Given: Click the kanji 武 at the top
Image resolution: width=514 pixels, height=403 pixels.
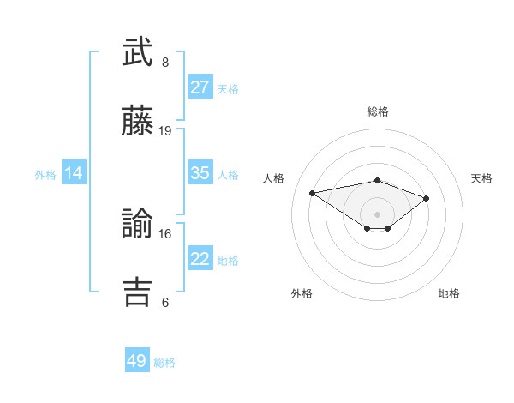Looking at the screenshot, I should pos(138,53).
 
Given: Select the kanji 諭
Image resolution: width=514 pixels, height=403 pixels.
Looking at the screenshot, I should pos(138,225).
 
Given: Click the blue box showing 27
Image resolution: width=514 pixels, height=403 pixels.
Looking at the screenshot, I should pos(200,87).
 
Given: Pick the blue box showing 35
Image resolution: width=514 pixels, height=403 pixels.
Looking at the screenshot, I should pos(200,173).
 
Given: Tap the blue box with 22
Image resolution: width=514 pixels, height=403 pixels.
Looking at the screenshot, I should pos(200,259).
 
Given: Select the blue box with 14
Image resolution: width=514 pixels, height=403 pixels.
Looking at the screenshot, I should pos(74,173).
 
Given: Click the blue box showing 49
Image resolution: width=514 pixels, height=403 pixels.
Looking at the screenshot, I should pos(137,361).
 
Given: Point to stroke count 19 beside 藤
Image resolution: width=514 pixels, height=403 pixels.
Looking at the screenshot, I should pos(165,131).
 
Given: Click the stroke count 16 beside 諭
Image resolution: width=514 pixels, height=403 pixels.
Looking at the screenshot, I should pos(165,233).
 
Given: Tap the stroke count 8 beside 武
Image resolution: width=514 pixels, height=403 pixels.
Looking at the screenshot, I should pos(165,63).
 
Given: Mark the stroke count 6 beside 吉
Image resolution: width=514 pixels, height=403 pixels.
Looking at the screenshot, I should pos(165,302).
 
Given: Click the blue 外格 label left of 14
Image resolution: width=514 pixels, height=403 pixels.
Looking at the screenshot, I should pos(45,174).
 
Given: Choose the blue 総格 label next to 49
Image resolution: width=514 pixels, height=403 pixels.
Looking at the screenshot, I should pos(164,363).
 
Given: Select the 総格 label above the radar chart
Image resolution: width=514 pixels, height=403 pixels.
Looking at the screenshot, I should pos(377,111).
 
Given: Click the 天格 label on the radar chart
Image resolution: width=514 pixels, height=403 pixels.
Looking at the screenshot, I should pos(481,178).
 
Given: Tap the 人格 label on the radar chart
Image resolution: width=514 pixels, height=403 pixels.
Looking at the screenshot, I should pos(273,178).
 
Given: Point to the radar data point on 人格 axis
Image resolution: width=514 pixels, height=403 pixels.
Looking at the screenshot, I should pos(313,192).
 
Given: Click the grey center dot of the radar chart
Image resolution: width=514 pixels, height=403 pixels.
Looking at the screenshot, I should pos(377,214).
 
